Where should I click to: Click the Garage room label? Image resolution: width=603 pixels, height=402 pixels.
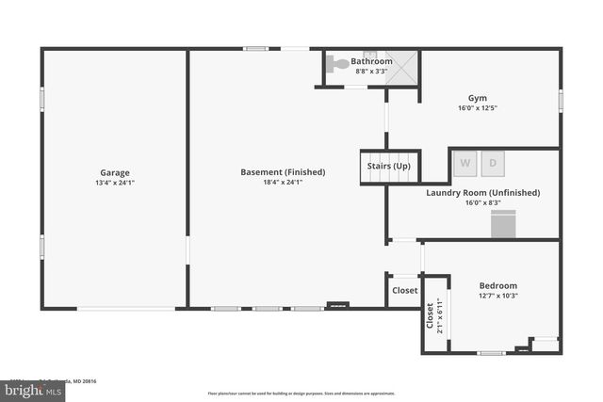(115, 172)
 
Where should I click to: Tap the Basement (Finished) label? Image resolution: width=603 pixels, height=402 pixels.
(283, 172)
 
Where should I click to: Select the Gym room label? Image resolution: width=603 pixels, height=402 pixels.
(477, 97)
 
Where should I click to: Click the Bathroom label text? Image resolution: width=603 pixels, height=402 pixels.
(371, 61)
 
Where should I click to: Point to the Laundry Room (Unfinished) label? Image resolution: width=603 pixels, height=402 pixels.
(482, 192)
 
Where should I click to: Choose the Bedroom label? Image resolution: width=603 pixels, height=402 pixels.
(497, 285)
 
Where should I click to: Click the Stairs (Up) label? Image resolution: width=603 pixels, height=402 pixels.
(388, 167)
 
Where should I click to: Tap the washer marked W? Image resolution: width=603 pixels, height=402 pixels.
(464, 163)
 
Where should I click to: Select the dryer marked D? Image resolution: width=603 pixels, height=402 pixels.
(493, 163)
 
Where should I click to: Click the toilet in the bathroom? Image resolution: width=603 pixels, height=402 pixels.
(336, 65)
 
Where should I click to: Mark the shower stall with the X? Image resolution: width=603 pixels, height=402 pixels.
(403, 67)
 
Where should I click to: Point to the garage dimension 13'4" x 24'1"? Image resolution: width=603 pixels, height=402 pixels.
(115, 184)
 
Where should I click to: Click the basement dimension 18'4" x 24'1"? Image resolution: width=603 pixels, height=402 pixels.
(283, 184)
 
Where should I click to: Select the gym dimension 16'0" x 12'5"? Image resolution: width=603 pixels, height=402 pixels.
(477, 108)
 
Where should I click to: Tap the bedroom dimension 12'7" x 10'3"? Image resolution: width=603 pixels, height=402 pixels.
(497, 297)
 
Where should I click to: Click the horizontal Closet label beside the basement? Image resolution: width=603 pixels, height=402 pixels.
(404, 291)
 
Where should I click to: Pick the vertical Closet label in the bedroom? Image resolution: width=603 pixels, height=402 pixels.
(431, 314)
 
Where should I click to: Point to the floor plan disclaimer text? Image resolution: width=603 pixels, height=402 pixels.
(301, 394)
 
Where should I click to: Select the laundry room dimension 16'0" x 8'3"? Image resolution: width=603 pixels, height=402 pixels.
(482, 202)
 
